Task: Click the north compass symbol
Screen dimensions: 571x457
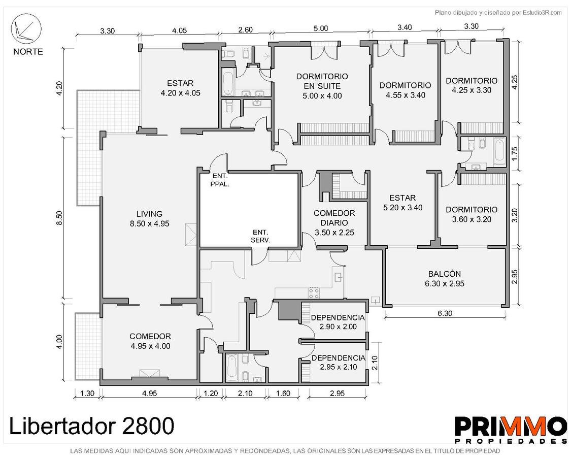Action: [26, 29]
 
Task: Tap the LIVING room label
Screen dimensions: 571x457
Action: [150, 219]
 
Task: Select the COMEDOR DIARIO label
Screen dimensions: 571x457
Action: [334, 223]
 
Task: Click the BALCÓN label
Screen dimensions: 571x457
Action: [445, 279]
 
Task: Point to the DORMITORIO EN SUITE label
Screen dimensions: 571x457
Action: [322, 86]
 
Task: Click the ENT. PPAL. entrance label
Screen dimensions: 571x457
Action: [220, 180]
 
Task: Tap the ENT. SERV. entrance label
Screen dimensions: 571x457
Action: [260, 236]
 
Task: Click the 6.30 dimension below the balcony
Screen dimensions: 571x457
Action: [445, 313]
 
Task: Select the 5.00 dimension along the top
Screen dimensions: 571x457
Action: [321, 28]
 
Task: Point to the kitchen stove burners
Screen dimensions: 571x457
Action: [314, 292]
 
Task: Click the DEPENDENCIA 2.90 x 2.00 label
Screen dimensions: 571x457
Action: [338, 322]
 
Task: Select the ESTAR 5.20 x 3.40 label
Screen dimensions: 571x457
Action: [402, 203]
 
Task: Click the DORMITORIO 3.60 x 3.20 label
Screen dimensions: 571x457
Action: [472, 214]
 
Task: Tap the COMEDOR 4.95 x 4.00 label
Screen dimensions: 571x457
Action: [150, 341]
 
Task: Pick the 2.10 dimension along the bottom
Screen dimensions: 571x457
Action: [245, 393]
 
